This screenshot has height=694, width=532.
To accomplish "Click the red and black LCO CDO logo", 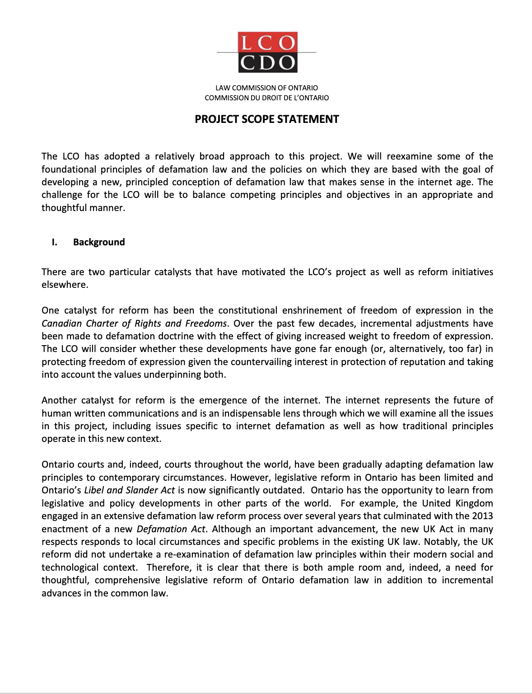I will coord(267,52).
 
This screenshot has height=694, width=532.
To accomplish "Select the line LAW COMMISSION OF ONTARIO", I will coord(266,88).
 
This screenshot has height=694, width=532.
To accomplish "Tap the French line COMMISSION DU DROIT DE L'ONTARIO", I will coord(266,98).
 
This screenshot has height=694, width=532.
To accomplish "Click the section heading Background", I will coord(99,242).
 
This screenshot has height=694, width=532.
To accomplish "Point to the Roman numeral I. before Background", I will coord(55,242).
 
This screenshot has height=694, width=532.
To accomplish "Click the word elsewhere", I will coord(64,285).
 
